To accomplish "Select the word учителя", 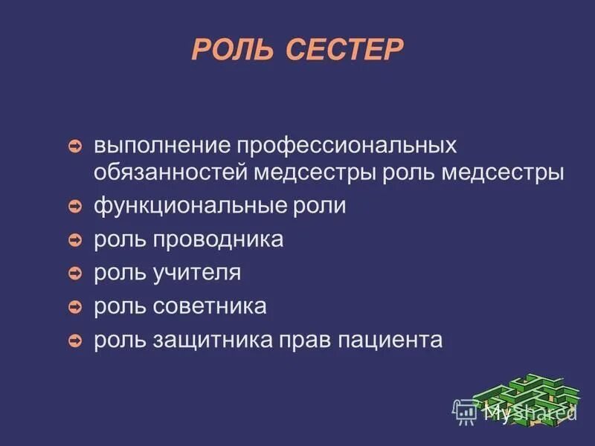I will pos(197,273).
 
